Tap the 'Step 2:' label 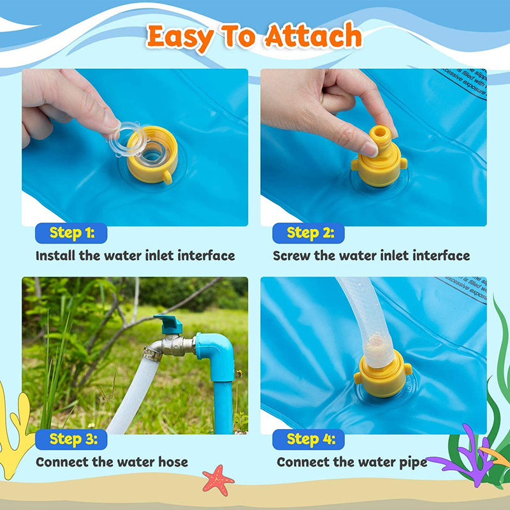point(310,233)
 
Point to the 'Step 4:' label point(310,439)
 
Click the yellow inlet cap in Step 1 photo point(152,162)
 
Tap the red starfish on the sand point(218,479)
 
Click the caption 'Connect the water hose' point(112,462)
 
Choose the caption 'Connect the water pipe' point(352,462)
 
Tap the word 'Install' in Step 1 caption point(55,256)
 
